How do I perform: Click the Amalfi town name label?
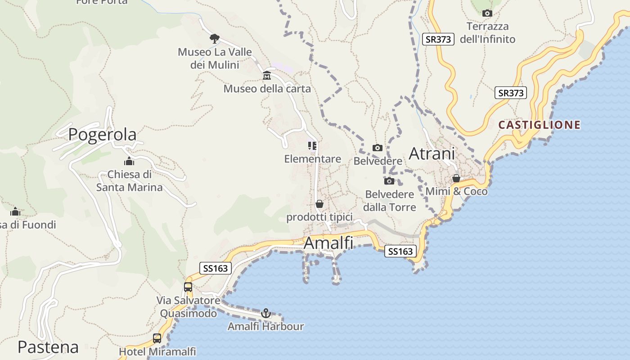click(x=328, y=243)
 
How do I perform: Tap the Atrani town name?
click(x=432, y=153)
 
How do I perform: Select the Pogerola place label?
click(x=102, y=135)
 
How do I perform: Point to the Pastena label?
click(x=48, y=347)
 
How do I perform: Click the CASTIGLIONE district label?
click(x=540, y=125)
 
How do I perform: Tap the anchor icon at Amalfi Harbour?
click(x=266, y=313)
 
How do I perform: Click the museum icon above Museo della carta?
click(x=267, y=75)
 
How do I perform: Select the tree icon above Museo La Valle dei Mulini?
click(x=215, y=38)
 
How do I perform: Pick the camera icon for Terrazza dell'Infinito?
click(x=487, y=13)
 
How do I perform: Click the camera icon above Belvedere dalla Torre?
click(x=389, y=181)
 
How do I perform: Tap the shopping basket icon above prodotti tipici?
click(x=319, y=204)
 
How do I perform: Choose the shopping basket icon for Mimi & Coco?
click(x=456, y=178)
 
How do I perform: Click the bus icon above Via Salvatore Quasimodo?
click(x=188, y=287)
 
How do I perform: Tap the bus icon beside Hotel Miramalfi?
click(x=157, y=338)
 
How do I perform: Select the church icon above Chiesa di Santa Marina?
click(x=129, y=161)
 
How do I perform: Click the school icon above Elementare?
click(x=312, y=145)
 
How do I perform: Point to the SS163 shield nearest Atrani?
click(x=400, y=251)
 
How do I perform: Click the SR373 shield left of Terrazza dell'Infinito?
click(x=438, y=39)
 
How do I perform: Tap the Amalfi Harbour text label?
click(x=265, y=326)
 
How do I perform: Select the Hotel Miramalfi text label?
click(x=157, y=351)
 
